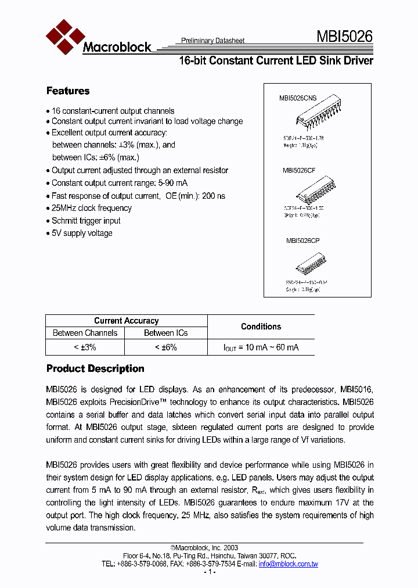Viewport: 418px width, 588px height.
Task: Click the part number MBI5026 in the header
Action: point(344,38)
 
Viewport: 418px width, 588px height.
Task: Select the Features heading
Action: point(68,91)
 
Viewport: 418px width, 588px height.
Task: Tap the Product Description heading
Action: point(95,368)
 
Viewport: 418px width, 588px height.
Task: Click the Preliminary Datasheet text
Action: point(213,41)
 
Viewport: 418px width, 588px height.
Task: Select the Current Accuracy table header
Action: point(126,321)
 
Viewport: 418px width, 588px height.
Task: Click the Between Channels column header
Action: point(85,333)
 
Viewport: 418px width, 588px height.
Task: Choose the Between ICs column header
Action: point(166,333)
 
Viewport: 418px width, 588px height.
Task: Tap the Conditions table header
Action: point(261,327)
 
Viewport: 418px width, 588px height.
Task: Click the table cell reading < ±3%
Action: point(85,347)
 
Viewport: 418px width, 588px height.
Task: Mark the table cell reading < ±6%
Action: point(166,347)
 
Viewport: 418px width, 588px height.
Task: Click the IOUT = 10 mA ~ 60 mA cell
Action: point(261,347)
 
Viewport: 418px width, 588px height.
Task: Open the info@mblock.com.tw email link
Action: point(289,564)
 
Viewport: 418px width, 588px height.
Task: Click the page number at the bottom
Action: point(210,572)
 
